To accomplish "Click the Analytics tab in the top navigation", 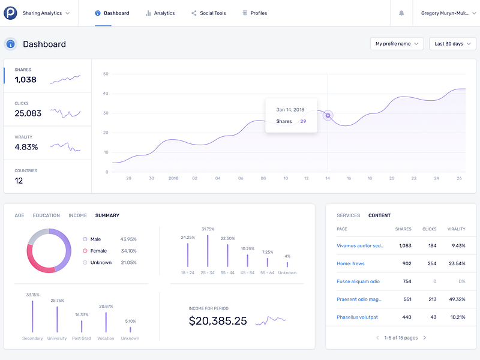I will coord(160,13).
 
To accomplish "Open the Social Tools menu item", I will coord(209,13).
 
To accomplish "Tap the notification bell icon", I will coord(401,13).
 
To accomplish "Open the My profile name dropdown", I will coord(397,44).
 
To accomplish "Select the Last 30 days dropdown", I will coord(452,44).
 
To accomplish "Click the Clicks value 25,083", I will coord(28,113).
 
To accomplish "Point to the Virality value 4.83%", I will coord(26,147).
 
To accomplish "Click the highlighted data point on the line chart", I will coord(328,115).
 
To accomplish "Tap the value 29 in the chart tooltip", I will coord(303,121).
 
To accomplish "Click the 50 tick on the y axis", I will coord(106,74).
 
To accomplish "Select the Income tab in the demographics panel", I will coord(77,215).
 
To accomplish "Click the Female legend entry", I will coord(98,251).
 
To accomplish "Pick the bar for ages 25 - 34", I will coord(208,251).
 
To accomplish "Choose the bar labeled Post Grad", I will coord(82,326).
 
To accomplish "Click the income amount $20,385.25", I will coord(218,321).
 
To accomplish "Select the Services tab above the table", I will coord(348,215).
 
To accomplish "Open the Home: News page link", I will coord(350,263).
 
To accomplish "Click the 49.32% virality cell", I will coord(457,299).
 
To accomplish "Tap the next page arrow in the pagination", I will coord(425,338).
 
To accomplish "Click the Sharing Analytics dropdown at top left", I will coord(46,13).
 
